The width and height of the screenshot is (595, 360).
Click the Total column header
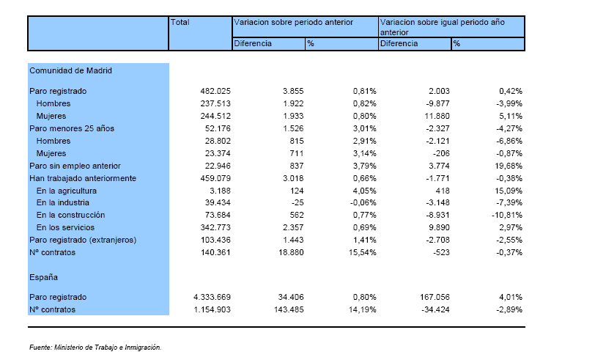pos(180,22)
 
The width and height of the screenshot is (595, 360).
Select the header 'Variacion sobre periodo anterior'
pos(293,22)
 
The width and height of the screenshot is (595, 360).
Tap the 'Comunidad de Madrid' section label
pos(70,70)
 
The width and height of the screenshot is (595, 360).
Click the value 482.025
pos(215,91)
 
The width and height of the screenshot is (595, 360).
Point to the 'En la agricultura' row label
pos(67,191)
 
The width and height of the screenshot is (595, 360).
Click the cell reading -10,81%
pos(507,215)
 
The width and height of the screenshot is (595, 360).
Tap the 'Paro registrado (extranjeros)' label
pos(83,240)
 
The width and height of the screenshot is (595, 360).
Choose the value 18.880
pos(291,252)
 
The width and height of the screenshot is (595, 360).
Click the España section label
pos(44,277)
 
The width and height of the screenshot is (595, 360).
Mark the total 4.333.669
pos(212,297)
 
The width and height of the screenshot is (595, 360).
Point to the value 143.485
pos(289,309)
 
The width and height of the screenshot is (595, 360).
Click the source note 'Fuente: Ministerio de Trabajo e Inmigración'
pos(95,347)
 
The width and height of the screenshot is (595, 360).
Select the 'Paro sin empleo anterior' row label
pos(75,166)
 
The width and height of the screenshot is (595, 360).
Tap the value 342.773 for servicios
pos(215,227)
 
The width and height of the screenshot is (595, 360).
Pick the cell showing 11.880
pos(437,116)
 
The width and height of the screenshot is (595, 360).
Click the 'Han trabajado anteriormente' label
pos(83,178)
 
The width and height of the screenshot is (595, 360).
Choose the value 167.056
pos(435,297)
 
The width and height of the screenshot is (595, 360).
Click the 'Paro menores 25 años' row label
pos(72,128)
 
